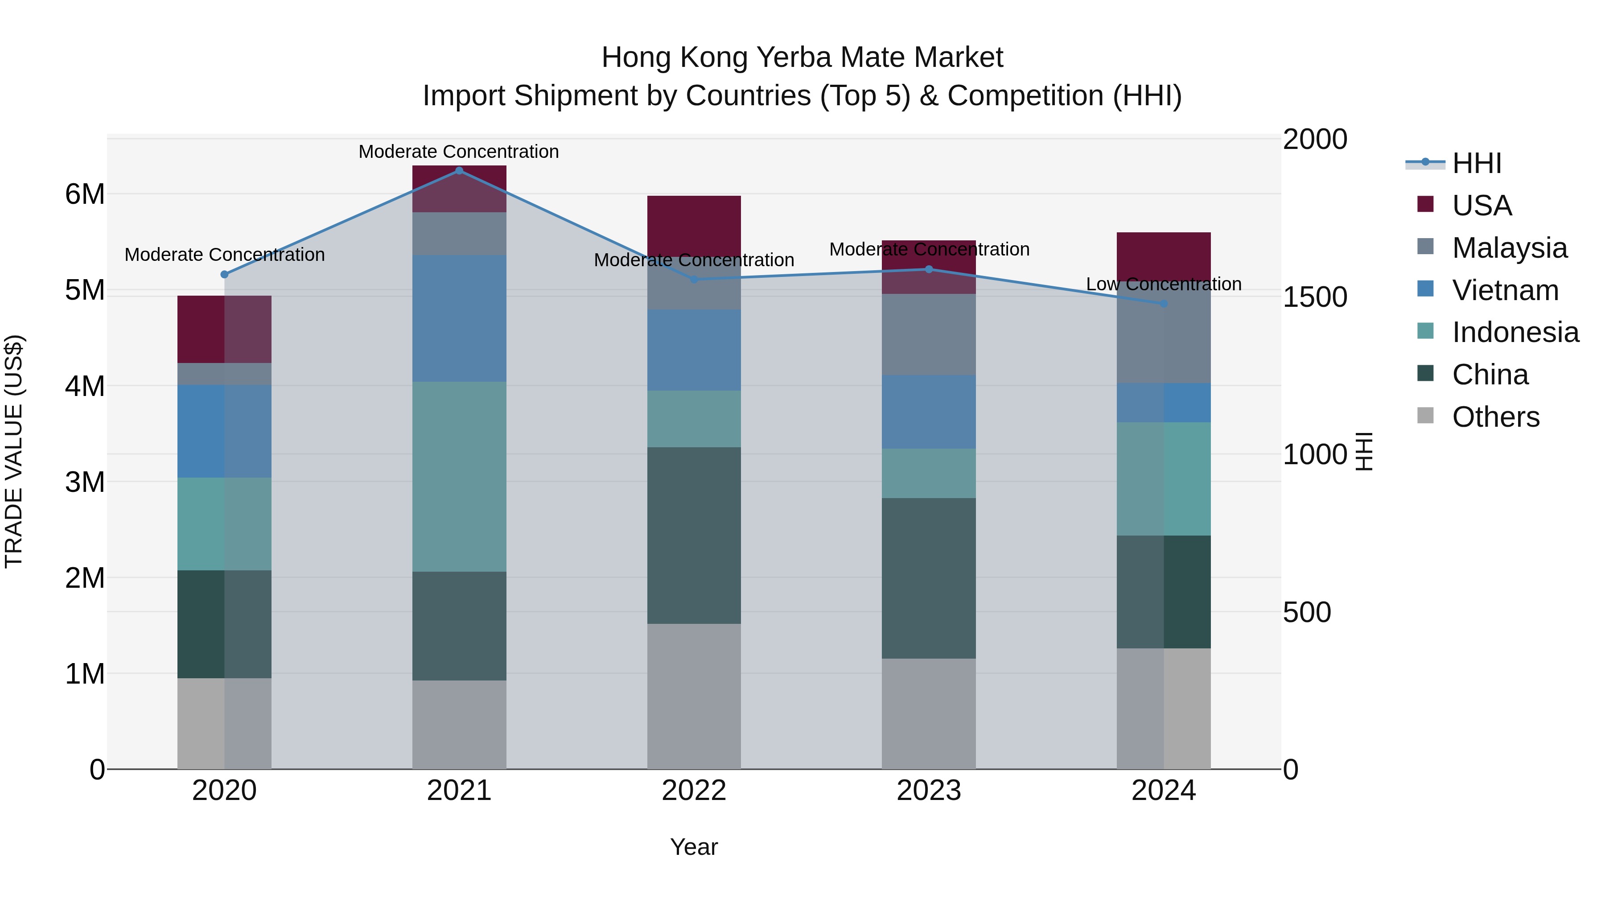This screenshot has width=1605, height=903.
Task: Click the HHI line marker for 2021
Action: (459, 171)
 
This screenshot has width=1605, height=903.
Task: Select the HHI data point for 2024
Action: (1163, 304)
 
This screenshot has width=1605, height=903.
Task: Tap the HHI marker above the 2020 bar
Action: (224, 274)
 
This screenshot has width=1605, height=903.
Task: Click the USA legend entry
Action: (1481, 206)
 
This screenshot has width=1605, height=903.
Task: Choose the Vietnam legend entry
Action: (1505, 290)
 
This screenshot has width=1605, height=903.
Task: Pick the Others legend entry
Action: (1495, 417)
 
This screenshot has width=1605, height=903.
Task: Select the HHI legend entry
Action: (1476, 163)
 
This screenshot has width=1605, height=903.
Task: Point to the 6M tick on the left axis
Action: (85, 194)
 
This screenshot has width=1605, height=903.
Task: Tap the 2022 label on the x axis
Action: (693, 791)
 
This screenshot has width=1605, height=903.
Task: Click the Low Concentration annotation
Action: (1163, 284)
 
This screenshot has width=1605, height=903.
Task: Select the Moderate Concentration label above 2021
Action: (459, 152)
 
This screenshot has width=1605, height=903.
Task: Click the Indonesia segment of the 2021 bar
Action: (459, 477)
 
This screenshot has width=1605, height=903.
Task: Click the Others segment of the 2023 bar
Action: (928, 713)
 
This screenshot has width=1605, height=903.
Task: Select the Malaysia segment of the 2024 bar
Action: (1163, 337)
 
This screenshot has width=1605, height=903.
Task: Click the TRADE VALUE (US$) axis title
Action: (14, 451)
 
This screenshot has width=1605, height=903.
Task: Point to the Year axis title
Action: (693, 847)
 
